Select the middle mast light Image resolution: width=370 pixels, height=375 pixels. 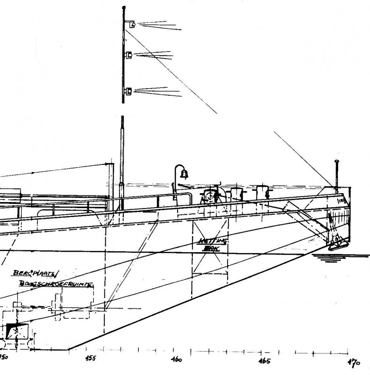coord(129,55)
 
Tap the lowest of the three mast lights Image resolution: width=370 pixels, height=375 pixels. coord(129,90)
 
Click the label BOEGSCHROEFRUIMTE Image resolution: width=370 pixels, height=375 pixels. coord(56,284)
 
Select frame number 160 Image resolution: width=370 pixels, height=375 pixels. coord(177,360)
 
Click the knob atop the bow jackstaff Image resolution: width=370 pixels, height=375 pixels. coord(336,162)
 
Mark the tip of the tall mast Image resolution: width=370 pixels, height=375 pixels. coord(123,7)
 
